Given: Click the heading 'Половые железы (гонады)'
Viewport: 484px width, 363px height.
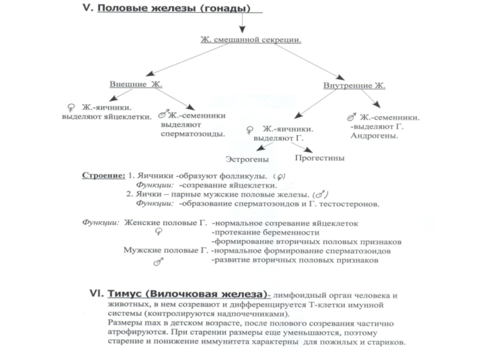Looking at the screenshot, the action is click(x=174, y=8).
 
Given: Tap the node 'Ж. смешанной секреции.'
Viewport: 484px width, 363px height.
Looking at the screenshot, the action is click(x=250, y=39).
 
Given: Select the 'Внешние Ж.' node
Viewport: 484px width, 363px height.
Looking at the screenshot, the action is click(x=136, y=84).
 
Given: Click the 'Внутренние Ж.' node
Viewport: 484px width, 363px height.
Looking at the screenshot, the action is click(x=354, y=85).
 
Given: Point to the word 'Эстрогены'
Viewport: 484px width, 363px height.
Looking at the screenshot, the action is click(x=247, y=159).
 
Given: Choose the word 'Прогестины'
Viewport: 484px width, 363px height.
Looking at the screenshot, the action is click(x=319, y=158).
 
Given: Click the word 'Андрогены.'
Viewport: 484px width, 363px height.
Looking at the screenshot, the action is click(x=374, y=136).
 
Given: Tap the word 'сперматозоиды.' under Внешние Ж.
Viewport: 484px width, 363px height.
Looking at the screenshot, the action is click(x=192, y=134).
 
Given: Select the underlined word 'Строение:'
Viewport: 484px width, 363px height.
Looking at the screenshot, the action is click(x=103, y=175).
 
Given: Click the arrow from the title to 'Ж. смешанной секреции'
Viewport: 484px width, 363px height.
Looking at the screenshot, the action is click(x=243, y=22).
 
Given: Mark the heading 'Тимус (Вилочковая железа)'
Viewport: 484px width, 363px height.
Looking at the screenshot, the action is click(x=188, y=294).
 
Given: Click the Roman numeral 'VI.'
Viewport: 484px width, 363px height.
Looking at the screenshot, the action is click(x=96, y=293).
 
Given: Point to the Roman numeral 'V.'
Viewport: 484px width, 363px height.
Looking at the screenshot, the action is click(x=88, y=8).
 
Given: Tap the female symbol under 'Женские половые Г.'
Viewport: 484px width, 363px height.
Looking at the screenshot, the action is click(x=159, y=232).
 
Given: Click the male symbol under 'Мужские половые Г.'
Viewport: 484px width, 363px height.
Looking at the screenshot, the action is click(x=159, y=262).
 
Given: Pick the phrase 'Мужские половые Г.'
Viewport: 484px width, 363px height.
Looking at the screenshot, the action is click(x=166, y=250).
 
